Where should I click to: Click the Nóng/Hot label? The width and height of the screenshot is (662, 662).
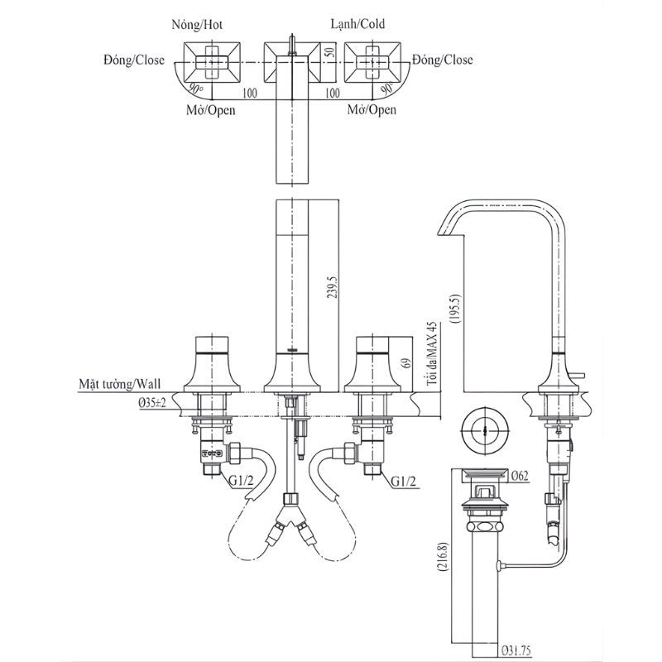(x=197, y=25)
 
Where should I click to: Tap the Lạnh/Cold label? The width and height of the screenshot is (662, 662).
(x=357, y=24)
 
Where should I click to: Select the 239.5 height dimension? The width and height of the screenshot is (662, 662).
(x=331, y=287)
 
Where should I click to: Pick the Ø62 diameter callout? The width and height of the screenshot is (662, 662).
(x=519, y=476)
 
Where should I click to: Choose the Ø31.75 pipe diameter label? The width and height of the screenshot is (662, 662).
(x=516, y=650)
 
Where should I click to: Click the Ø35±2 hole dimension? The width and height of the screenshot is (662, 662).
(x=152, y=403)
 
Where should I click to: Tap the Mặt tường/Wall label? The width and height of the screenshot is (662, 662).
(x=120, y=384)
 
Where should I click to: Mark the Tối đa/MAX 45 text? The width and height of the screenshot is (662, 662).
(x=431, y=353)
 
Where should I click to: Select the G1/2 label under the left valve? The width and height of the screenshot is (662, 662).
(x=242, y=481)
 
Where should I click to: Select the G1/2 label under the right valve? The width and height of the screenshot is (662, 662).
(x=403, y=481)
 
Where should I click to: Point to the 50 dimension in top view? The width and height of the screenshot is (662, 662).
(x=332, y=51)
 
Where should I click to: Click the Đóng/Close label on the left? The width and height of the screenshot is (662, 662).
(x=134, y=60)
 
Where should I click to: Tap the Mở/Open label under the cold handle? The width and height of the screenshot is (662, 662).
(x=372, y=110)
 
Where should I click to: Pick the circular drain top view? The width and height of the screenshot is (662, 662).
(x=486, y=431)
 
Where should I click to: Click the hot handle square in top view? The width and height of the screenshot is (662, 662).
(x=212, y=63)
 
